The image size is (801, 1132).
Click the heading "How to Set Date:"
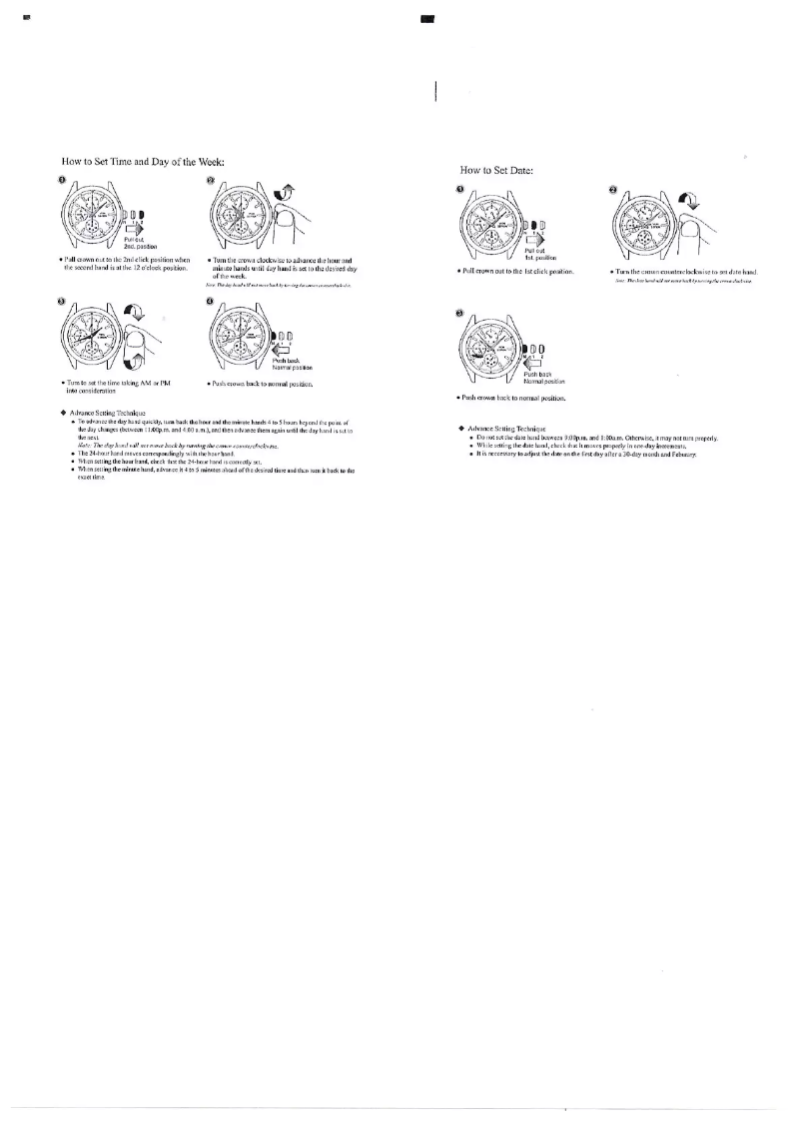(497, 171)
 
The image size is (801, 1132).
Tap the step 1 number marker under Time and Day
(62, 180)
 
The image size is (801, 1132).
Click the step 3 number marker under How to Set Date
(459, 312)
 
